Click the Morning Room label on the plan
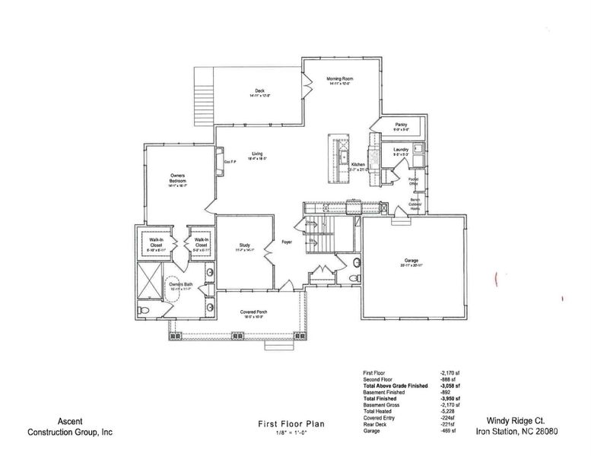pos(339,79)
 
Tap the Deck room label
pos(259,91)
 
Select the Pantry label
pos(401,125)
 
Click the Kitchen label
pos(358,165)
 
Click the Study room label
pos(244,245)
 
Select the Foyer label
pos(287,242)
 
